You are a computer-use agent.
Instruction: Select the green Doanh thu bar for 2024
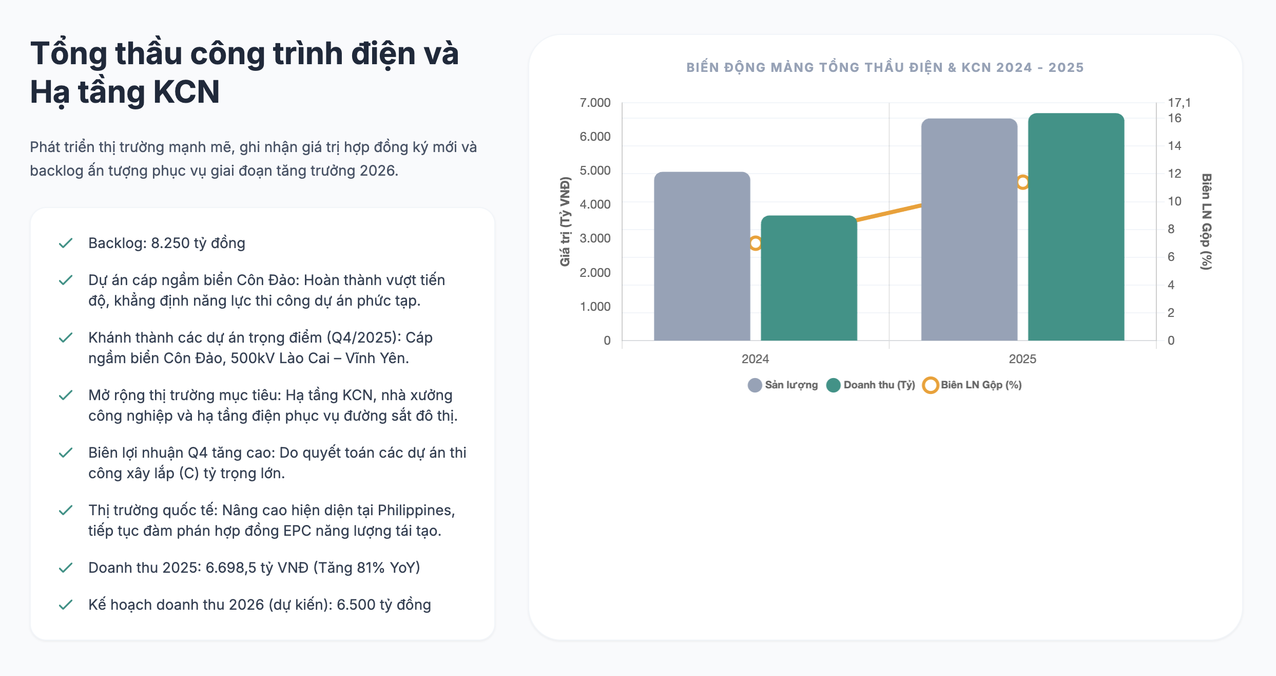pos(808,278)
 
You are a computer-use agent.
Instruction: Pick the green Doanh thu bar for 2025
pos(1076,227)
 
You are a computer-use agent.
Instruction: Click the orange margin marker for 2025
pos(1023,182)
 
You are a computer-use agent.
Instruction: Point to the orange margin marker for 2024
pos(755,243)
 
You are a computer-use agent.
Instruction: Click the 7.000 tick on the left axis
pos(595,103)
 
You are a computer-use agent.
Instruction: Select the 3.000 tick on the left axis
pos(595,238)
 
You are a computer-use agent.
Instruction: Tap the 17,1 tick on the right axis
pos(1179,103)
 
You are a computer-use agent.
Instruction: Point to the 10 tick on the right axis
pos(1174,201)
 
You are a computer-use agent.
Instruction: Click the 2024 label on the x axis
pos(755,359)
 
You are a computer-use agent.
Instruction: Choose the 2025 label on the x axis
pos(1022,359)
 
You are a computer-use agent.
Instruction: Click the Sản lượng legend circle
pos(755,385)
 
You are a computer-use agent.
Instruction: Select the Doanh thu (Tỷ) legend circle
pos(833,385)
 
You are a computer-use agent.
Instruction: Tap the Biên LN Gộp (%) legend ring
pos(930,385)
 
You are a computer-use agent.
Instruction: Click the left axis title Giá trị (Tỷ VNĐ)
pos(565,221)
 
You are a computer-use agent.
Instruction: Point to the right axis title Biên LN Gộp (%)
pos(1206,221)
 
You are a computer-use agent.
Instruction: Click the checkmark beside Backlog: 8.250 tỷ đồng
pos(66,243)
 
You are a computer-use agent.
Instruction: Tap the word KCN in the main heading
pos(186,92)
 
